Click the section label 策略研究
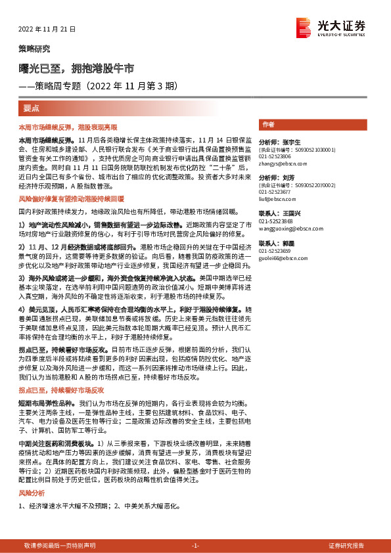[34, 49]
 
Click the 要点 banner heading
[32, 108]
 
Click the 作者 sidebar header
[268, 124]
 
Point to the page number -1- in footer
[195, 546]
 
